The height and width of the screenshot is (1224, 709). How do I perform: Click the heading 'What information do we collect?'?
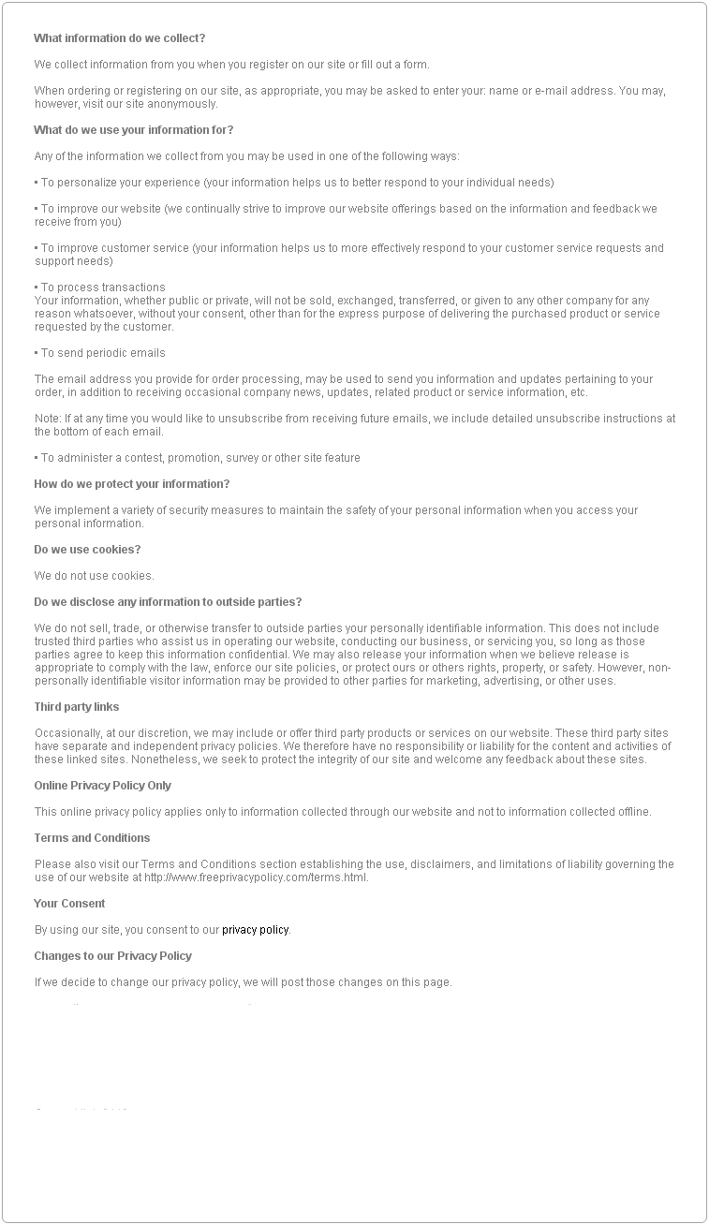[x=119, y=38]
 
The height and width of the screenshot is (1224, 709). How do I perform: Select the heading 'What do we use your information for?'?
[x=133, y=130]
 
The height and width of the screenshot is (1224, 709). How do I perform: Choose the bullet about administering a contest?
[x=198, y=458]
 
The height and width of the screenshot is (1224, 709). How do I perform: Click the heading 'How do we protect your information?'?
[x=131, y=484]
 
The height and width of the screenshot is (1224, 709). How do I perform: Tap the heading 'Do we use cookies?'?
[x=87, y=550]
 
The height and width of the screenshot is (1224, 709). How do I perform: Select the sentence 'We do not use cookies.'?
[x=94, y=576]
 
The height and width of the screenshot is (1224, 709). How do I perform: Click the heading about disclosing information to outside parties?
[x=168, y=602]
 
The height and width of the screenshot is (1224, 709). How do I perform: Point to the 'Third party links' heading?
[x=77, y=707]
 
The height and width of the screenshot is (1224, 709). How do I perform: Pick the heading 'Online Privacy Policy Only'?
[x=103, y=786]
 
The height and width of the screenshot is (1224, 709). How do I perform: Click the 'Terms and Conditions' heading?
[x=92, y=838]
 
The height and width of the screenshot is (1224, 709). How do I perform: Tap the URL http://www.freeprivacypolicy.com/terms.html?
[x=256, y=877]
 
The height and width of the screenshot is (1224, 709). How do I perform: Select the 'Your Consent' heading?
[x=69, y=904]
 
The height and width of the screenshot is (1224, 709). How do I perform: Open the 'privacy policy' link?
[x=255, y=930]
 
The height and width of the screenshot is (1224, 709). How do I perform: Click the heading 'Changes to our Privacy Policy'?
[x=112, y=956]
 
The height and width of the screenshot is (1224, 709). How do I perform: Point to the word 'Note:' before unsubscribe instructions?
[x=48, y=419]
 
